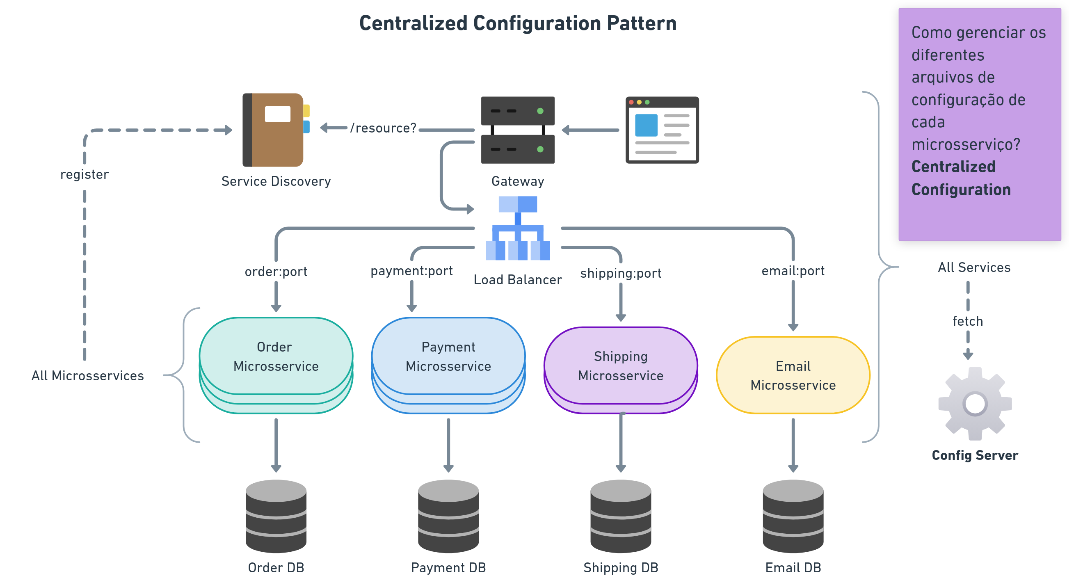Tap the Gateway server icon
(x=518, y=130)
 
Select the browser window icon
(x=662, y=130)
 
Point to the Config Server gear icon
(x=975, y=404)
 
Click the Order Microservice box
(x=276, y=356)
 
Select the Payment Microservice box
(x=448, y=356)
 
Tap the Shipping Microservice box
(x=621, y=366)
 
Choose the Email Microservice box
(x=793, y=375)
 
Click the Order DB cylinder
(x=276, y=516)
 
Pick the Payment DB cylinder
(x=448, y=516)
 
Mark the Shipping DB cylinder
(x=621, y=516)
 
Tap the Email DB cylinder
(x=793, y=516)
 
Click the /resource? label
(x=383, y=128)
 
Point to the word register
(x=85, y=174)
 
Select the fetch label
(x=968, y=321)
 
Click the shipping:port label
(x=621, y=273)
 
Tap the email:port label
(x=793, y=271)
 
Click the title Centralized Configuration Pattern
(x=518, y=23)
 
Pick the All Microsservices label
(x=87, y=375)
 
